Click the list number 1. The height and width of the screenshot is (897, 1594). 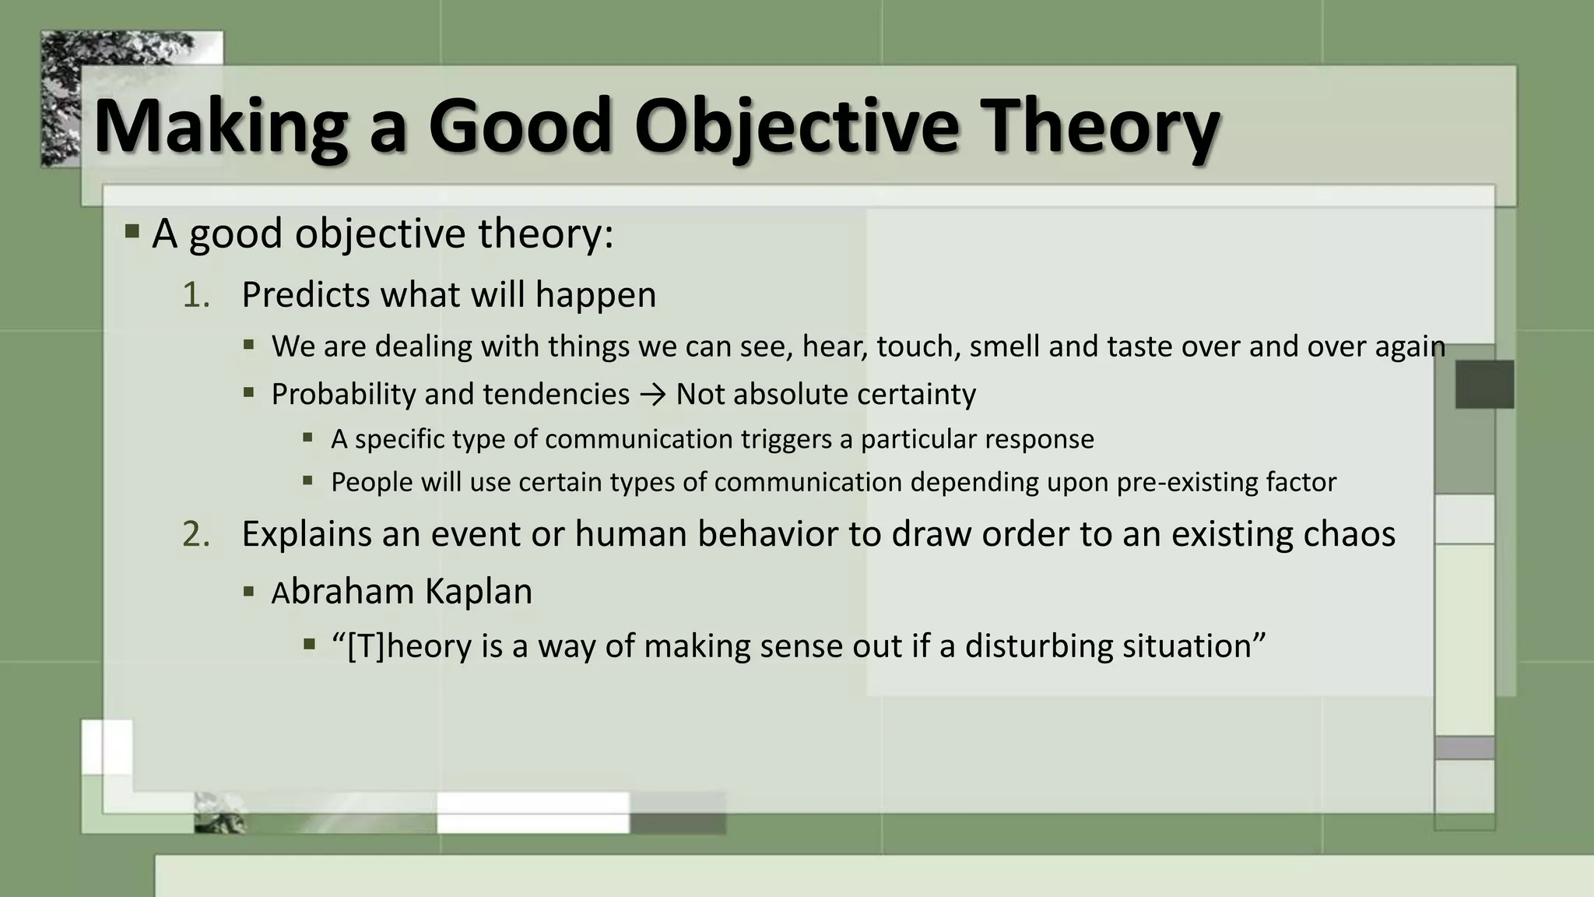click(196, 295)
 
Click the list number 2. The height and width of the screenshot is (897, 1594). click(196, 534)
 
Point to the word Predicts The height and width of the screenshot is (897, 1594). click(305, 295)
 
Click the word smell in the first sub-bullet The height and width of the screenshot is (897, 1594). click(1005, 346)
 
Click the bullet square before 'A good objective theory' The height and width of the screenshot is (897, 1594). click(132, 231)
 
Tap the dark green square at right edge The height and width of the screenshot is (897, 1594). click(1484, 384)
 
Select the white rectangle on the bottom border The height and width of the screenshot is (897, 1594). click(532, 813)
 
